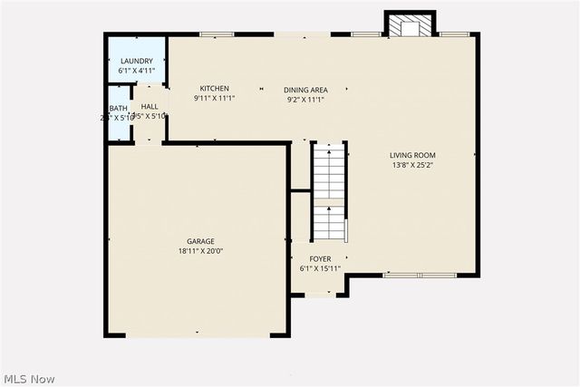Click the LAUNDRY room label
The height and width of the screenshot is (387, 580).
tap(136, 61)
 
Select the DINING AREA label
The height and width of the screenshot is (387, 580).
tap(305, 90)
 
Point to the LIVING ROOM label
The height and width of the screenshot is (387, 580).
tap(413, 155)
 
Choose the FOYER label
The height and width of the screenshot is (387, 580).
tap(320, 259)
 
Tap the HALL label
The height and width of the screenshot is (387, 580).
tap(150, 107)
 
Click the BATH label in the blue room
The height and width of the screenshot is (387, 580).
tap(119, 108)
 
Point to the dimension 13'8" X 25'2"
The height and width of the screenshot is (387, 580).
tap(413, 165)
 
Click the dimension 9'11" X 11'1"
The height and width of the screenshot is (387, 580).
tap(215, 98)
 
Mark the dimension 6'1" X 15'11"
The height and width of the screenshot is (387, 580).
tap(320, 268)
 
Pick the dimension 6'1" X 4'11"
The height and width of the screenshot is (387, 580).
tap(136, 70)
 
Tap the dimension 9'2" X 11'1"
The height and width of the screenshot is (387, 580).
tap(305, 99)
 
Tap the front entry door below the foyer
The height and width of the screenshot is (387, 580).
tap(319, 294)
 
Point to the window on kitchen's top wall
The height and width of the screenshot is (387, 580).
tap(217, 34)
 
